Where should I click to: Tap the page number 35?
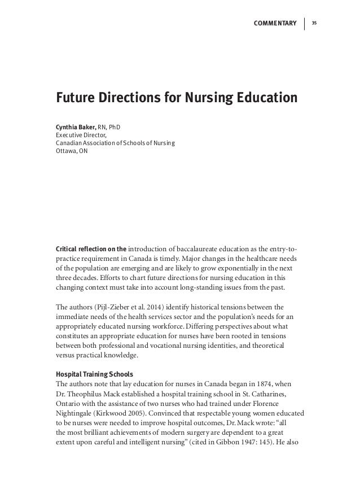[x=314, y=23]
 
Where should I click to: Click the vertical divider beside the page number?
[x=305, y=23]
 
